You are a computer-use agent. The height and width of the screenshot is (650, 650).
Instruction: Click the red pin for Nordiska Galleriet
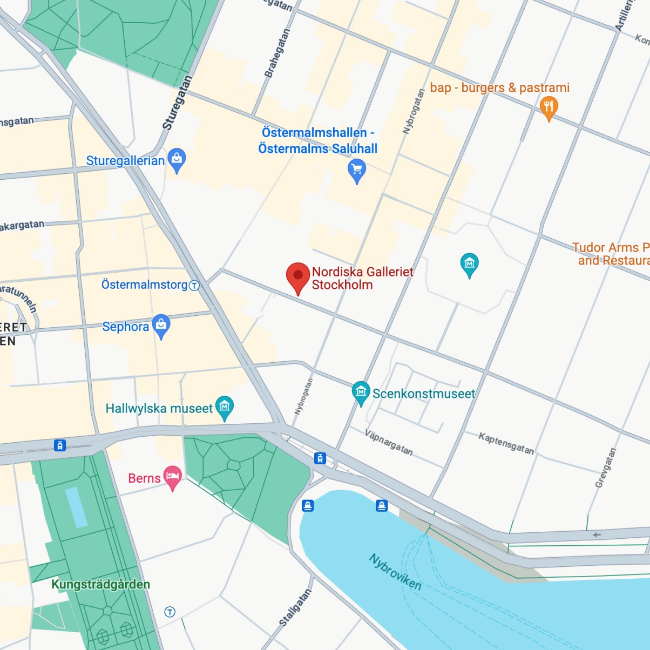click(297, 276)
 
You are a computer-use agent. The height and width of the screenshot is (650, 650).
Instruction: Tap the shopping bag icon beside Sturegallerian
click(177, 159)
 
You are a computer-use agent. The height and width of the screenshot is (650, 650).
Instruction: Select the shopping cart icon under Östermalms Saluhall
click(356, 170)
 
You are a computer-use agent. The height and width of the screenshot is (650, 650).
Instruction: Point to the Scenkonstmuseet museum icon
click(361, 392)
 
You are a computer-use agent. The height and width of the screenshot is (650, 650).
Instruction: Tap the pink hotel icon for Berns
click(172, 477)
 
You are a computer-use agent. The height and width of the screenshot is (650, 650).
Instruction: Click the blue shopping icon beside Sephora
click(161, 326)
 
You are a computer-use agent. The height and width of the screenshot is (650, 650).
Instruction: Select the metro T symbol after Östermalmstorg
click(194, 285)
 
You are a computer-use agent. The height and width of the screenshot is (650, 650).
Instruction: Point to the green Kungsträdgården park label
click(100, 584)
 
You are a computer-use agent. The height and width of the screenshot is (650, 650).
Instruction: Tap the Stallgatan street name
click(295, 607)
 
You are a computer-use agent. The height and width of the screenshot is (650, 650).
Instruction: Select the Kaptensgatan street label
click(506, 443)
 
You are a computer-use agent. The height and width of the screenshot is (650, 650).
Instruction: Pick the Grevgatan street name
click(605, 468)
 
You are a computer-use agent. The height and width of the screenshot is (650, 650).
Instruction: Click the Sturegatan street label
click(177, 103)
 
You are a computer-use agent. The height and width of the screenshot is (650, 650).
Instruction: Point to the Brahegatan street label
click(276, 53)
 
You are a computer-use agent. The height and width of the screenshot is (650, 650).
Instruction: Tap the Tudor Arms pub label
click(611, 254)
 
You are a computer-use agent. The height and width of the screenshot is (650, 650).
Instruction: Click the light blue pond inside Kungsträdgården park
click(76, 507)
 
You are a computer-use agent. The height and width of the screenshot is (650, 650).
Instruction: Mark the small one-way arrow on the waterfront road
click(597, 535)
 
